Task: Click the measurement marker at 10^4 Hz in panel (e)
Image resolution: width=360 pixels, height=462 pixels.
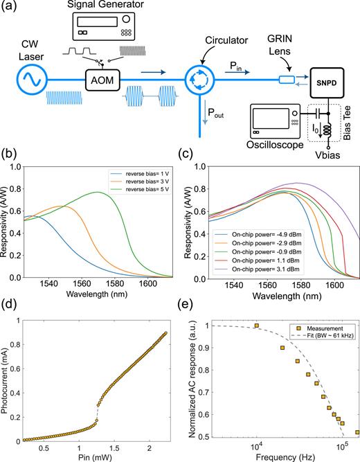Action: pyautogui.click(x=255, y=345)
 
